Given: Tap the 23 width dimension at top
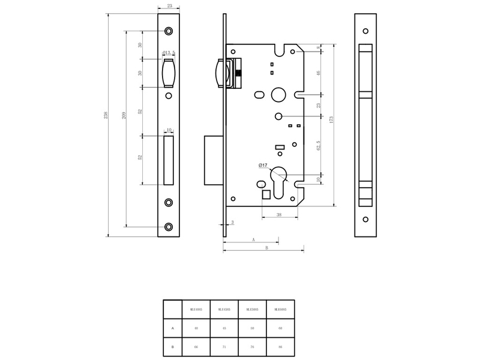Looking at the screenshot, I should [169, 6].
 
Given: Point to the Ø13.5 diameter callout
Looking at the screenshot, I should [169, 53].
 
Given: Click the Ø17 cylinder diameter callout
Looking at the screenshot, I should [263, 165].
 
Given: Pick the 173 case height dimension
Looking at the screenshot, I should [331, 119].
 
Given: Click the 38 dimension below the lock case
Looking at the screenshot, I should [279, 214].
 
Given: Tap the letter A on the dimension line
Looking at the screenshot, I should [253, 239].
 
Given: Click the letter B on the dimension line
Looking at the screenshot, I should [266, 247].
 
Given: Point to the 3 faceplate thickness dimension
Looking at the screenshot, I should [232, 223].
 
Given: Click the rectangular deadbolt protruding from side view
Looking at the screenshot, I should [214, 160].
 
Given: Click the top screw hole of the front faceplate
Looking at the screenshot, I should [169, 31].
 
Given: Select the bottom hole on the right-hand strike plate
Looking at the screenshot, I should [365, 219].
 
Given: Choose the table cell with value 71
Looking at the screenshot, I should [224, 347].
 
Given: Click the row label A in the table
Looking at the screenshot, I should [173, 328].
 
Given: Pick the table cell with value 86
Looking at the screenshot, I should [280, 347].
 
